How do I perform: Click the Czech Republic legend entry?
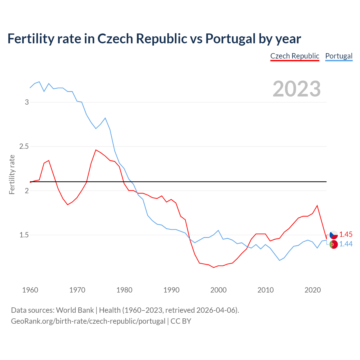pos(295,56)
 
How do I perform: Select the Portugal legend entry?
pos(339,56)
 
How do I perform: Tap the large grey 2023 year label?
pos(297,89)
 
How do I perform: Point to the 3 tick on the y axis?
pos(27,102)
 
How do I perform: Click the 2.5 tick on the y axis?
pos(24,146)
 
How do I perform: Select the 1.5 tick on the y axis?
pos(24,235)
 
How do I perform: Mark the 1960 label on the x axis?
pos(30,290)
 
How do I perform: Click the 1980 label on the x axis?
pos(124,290)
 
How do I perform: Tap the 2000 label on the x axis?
pos(218,290)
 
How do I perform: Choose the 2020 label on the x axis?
pos(312,290)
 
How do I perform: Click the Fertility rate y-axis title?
pos(12,174)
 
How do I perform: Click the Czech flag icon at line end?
pos(334,235)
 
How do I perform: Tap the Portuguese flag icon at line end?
pos(334,244)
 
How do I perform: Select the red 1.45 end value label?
pos(346,234)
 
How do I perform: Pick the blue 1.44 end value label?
pos(346,244)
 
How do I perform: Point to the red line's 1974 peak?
pos(96,150)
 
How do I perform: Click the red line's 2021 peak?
pos(317,206)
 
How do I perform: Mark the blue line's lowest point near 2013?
pos(280,260)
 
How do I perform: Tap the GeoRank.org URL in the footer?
pos(88,321)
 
